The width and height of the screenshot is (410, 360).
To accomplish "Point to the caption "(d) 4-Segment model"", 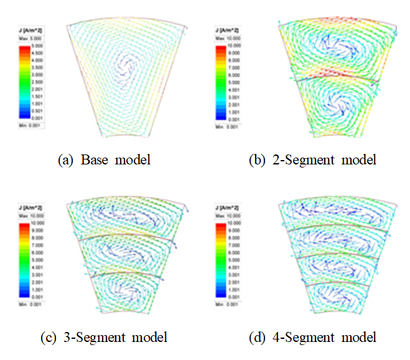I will pos(324,338).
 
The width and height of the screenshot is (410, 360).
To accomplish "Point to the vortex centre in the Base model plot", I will pos(128,62).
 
